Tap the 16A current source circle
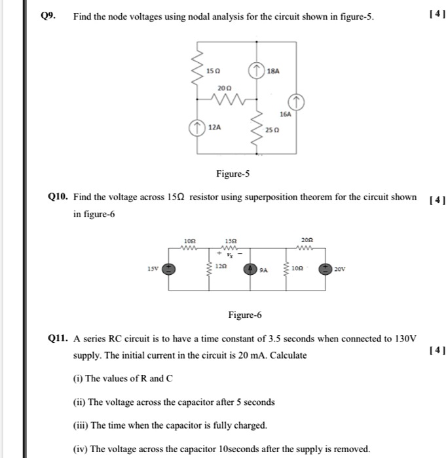pos(296,102)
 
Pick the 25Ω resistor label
pos(272,131)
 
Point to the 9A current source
pos(251,268)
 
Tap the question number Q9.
pos(46,16)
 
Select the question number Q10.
pos(59,196)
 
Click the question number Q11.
pos(59,338)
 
